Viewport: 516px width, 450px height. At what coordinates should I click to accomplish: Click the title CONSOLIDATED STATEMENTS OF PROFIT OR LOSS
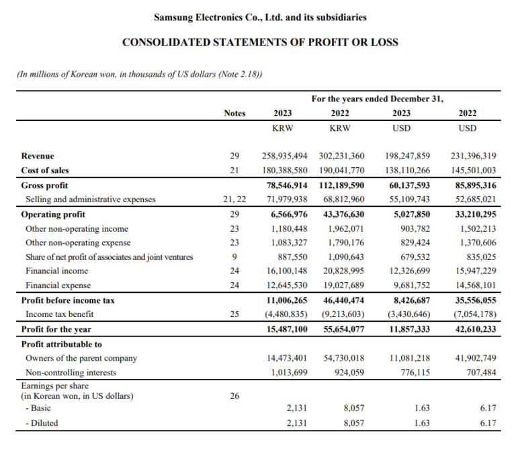(260, 42)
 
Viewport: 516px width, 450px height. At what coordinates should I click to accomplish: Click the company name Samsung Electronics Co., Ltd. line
(260, 17)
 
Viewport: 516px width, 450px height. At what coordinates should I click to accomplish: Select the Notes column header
(234, 114)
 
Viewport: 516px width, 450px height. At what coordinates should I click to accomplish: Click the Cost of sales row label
(45, 171)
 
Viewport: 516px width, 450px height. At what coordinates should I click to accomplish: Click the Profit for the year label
(56, 329)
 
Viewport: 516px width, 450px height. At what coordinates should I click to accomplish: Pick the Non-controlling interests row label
(71, 372)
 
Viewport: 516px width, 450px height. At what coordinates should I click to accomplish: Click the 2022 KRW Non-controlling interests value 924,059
(350, 372)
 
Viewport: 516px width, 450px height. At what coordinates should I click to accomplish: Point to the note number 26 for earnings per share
(234, 396)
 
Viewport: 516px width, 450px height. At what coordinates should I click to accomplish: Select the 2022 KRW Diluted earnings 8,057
(355, 423)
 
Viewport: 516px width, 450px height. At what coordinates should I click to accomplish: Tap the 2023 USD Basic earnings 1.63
(422, 408)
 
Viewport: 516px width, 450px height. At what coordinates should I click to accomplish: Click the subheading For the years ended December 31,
(377, 99)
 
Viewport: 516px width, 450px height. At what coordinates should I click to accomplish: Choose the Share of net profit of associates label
(109, 257)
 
